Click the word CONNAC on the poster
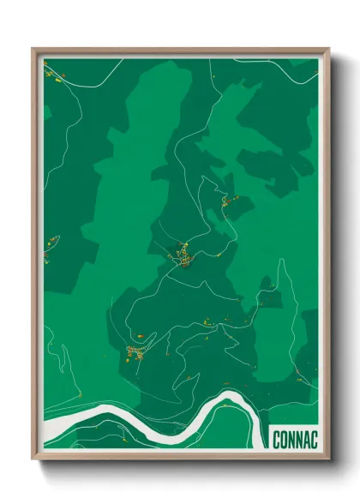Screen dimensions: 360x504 point(295,440)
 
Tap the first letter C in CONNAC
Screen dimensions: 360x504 point(276,440)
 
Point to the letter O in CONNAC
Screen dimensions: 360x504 point(284,440)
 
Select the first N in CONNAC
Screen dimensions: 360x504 point(291,440)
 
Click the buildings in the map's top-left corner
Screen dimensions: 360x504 point(52,73)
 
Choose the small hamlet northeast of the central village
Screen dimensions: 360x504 point(226,202)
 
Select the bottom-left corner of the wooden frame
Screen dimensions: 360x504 point(33,461)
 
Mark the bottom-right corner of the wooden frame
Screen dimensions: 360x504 point(328,461)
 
